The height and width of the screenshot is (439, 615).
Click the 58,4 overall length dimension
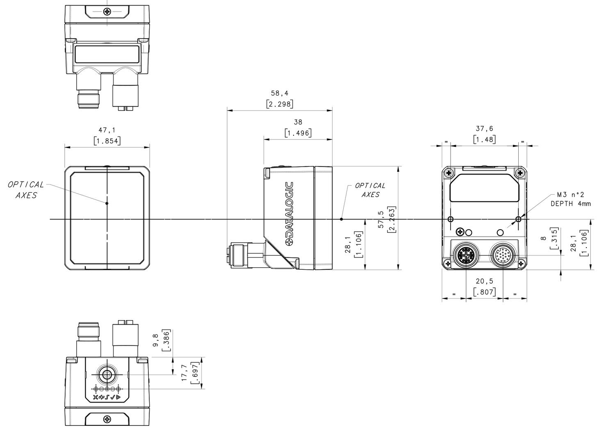point(279,93)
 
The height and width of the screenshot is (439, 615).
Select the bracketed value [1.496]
point(298,133)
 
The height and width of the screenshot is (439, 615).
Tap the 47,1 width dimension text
point(107,130)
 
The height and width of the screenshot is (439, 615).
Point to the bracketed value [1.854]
point(107,141)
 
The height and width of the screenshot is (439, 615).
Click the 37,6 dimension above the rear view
point(484,129)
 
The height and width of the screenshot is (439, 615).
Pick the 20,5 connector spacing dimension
point(484,281)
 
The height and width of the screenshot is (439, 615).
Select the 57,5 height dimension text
point(381,220)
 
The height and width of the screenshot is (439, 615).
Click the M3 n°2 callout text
point(570,195)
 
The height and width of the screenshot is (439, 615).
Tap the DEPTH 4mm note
point(570,204)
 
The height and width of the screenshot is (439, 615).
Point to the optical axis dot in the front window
point(107,203)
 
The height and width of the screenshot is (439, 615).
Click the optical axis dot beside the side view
point(341,219)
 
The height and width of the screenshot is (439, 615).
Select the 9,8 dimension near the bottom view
point(156,340)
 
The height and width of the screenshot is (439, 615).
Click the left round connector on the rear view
point(467,256)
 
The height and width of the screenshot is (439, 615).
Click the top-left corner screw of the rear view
point(449,173)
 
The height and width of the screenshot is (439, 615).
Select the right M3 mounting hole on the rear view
point(519,219)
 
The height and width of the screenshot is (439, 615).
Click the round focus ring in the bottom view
point(107,375)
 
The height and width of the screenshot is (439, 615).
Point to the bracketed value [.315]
point(554,238)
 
